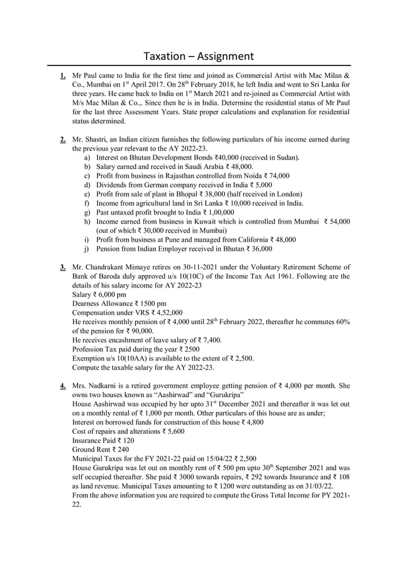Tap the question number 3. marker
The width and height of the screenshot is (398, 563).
click(63, 267)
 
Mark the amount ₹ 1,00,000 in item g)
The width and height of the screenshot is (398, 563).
click(214, 213)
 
